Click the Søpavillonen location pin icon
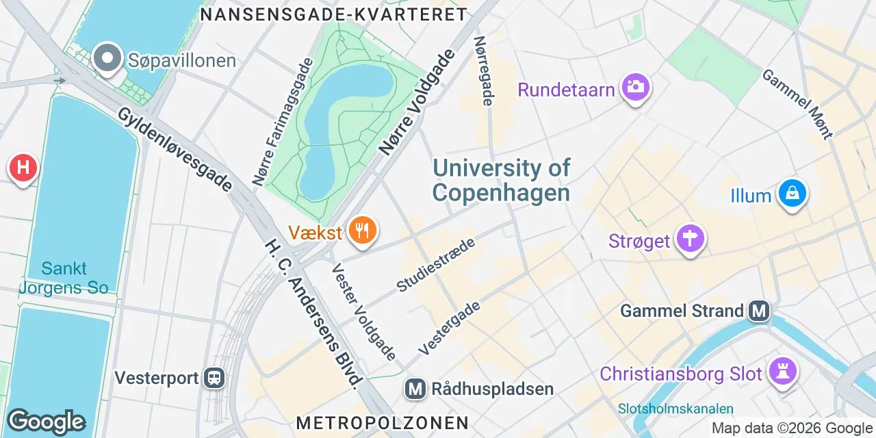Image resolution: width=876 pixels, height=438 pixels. point(107,59)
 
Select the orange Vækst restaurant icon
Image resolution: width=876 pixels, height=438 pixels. point(362,231)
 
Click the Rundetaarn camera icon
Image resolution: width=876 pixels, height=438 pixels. point(636,87)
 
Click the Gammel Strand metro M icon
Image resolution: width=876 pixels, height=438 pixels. point(758,311)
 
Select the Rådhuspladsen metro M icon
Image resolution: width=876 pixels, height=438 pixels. point(415,389)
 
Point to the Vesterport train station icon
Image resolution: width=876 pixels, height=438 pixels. point(215,378)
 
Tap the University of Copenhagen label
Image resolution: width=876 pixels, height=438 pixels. point(502,180)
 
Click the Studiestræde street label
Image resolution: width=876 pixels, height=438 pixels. point(436,266)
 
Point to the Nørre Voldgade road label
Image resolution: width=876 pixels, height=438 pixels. point(416,103)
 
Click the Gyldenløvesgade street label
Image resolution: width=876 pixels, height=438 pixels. point(175,149)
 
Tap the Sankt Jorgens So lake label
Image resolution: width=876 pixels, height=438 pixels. point(64,278)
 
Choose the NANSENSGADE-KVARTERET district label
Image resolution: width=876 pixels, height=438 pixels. point(334,14)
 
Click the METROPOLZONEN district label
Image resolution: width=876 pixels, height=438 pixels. point(383,423)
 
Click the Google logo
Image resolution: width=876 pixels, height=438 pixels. point(46,422)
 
